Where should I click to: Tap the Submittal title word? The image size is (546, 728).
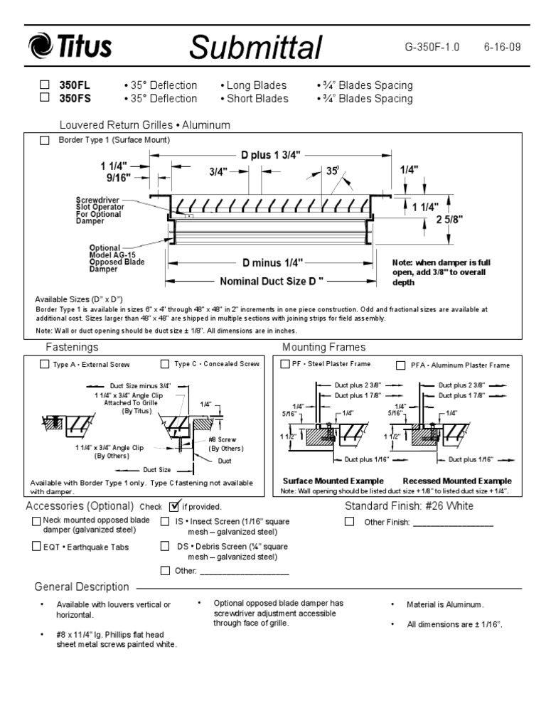coord(256,48)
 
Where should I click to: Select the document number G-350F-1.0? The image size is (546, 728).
coord(432,48)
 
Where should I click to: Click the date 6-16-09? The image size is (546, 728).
coord(502,48)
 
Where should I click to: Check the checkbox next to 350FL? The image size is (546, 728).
coord(45,85)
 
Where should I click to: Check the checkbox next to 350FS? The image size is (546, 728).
coord(45,98)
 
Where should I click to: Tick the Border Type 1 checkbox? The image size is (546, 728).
coord(45,141)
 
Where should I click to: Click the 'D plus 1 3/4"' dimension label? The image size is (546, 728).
coord(270,154)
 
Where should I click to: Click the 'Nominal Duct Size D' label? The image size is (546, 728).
coord(272,281)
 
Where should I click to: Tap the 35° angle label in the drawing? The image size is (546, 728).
coord(332,171)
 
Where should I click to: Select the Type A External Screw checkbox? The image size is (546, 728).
coord(45,364)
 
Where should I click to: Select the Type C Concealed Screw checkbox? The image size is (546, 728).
coord(165,364)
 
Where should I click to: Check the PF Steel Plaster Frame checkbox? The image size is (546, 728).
coord(285,364)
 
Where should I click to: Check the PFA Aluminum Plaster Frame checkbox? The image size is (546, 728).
coord(400,365)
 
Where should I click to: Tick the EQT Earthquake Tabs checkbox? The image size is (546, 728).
coord(36,547)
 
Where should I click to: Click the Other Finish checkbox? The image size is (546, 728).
coord(349,522)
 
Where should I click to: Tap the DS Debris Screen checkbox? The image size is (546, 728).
coord(165,547)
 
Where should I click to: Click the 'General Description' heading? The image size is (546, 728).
coord(82,587)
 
